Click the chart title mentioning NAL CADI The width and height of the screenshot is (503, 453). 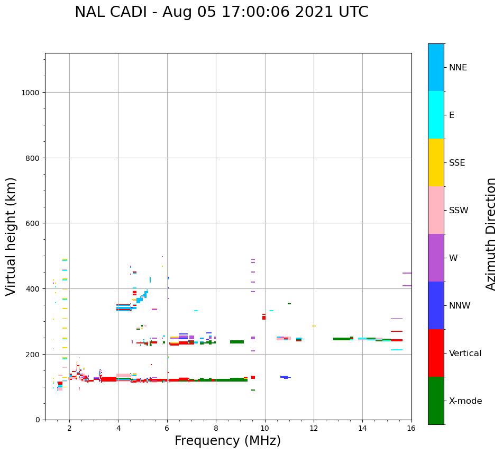point(221,12)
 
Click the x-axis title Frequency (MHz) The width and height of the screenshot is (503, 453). point(227,441)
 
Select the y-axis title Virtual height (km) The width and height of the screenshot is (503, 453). point(11,236)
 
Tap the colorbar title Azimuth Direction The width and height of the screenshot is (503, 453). point(491,234)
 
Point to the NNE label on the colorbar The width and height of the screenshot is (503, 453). point(458,67)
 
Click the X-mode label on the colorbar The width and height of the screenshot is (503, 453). point(465,401)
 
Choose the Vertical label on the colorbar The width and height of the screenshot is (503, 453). point(465,354)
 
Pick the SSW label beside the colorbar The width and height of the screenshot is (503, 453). point(459,210)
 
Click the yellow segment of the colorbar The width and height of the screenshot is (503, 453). point(436,162)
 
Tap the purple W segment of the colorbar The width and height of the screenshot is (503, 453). point(436,258)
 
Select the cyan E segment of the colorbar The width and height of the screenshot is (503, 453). point(436,115)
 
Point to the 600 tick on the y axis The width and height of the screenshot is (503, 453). point(33,223)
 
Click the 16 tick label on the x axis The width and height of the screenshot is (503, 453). point(411,429)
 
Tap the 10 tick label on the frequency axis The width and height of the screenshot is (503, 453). point(264,429)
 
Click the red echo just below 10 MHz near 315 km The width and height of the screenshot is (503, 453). point(264,317)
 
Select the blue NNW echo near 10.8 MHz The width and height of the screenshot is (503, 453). point(285,377)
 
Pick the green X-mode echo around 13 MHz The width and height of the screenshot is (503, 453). point(342,339)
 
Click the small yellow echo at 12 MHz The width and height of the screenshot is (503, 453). point(314,326)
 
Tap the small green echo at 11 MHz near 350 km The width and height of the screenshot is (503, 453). point(289,304)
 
